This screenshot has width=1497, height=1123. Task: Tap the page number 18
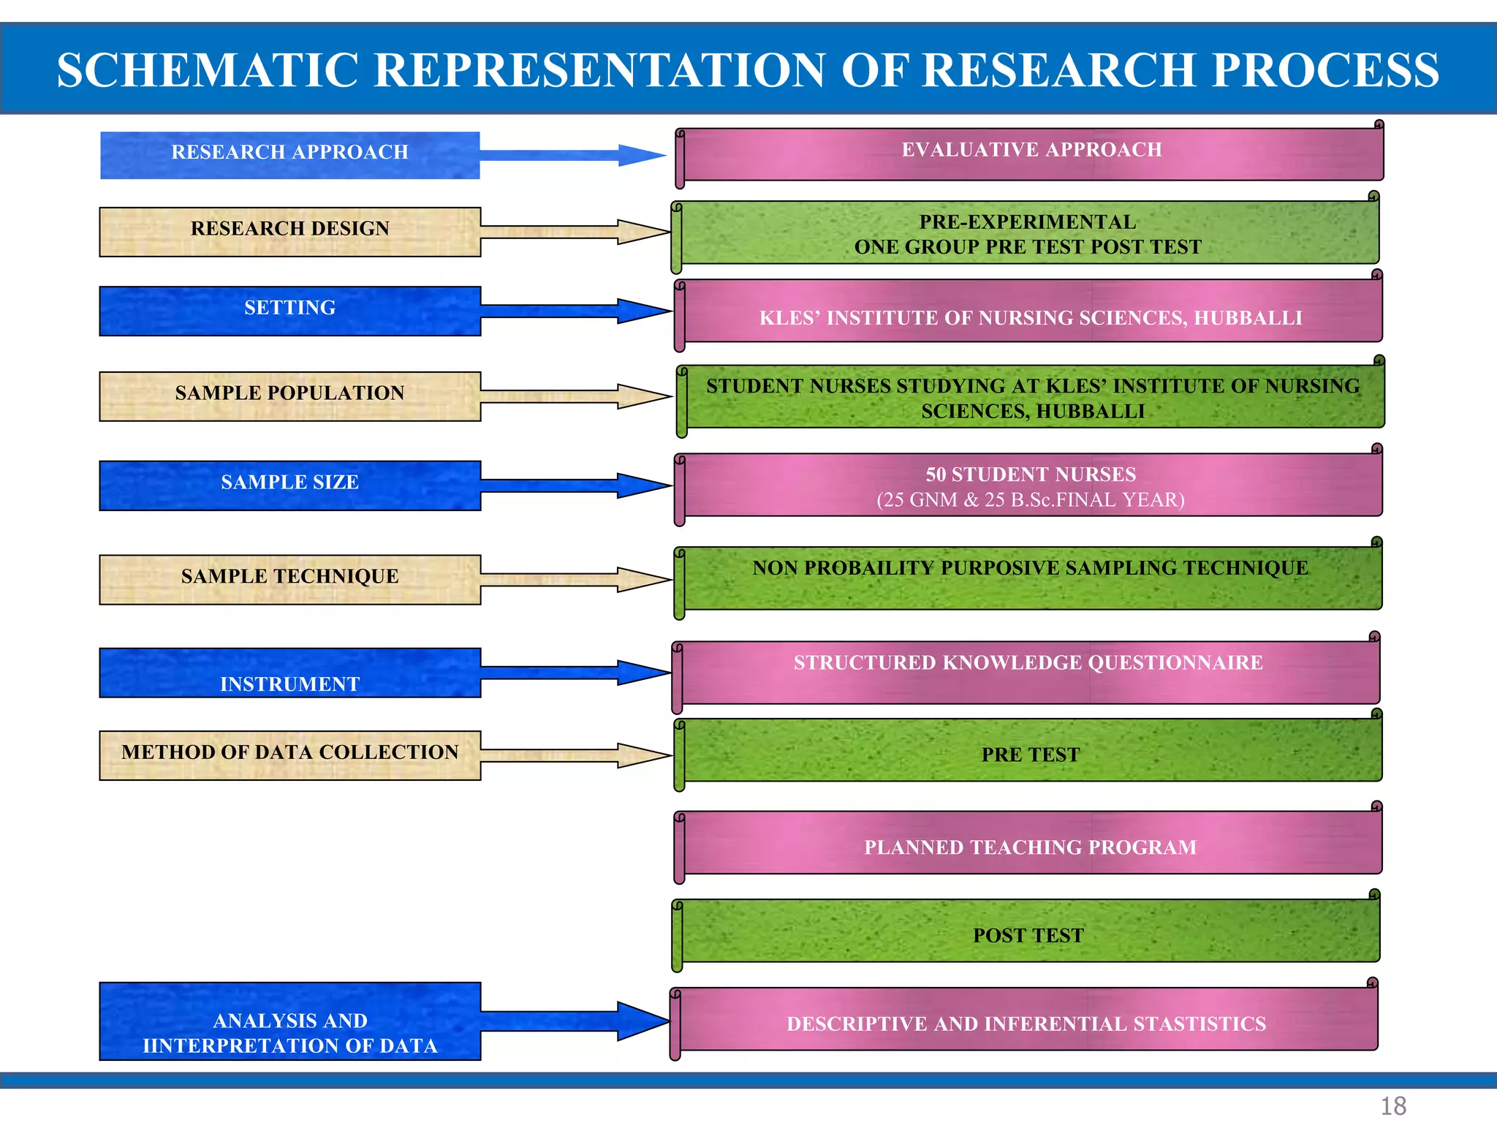(1393, 1105)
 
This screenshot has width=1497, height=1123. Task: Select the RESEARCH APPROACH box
(289, 154)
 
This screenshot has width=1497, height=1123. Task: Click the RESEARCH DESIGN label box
(289, 231)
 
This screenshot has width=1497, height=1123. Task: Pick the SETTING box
(289, 310)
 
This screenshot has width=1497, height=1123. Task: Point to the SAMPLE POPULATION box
(289, 396)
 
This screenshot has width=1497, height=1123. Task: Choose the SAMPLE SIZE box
(289, 485)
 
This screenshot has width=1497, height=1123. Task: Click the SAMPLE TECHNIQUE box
(289, 578)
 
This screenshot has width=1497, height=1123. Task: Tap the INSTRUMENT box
(289, 673)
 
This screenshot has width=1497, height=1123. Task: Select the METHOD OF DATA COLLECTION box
(289, 755)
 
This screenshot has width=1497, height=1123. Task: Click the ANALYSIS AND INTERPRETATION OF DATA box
(289, 1021)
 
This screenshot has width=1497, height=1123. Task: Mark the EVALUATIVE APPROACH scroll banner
(1031, 154)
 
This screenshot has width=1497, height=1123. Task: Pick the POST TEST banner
(1028, 932)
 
